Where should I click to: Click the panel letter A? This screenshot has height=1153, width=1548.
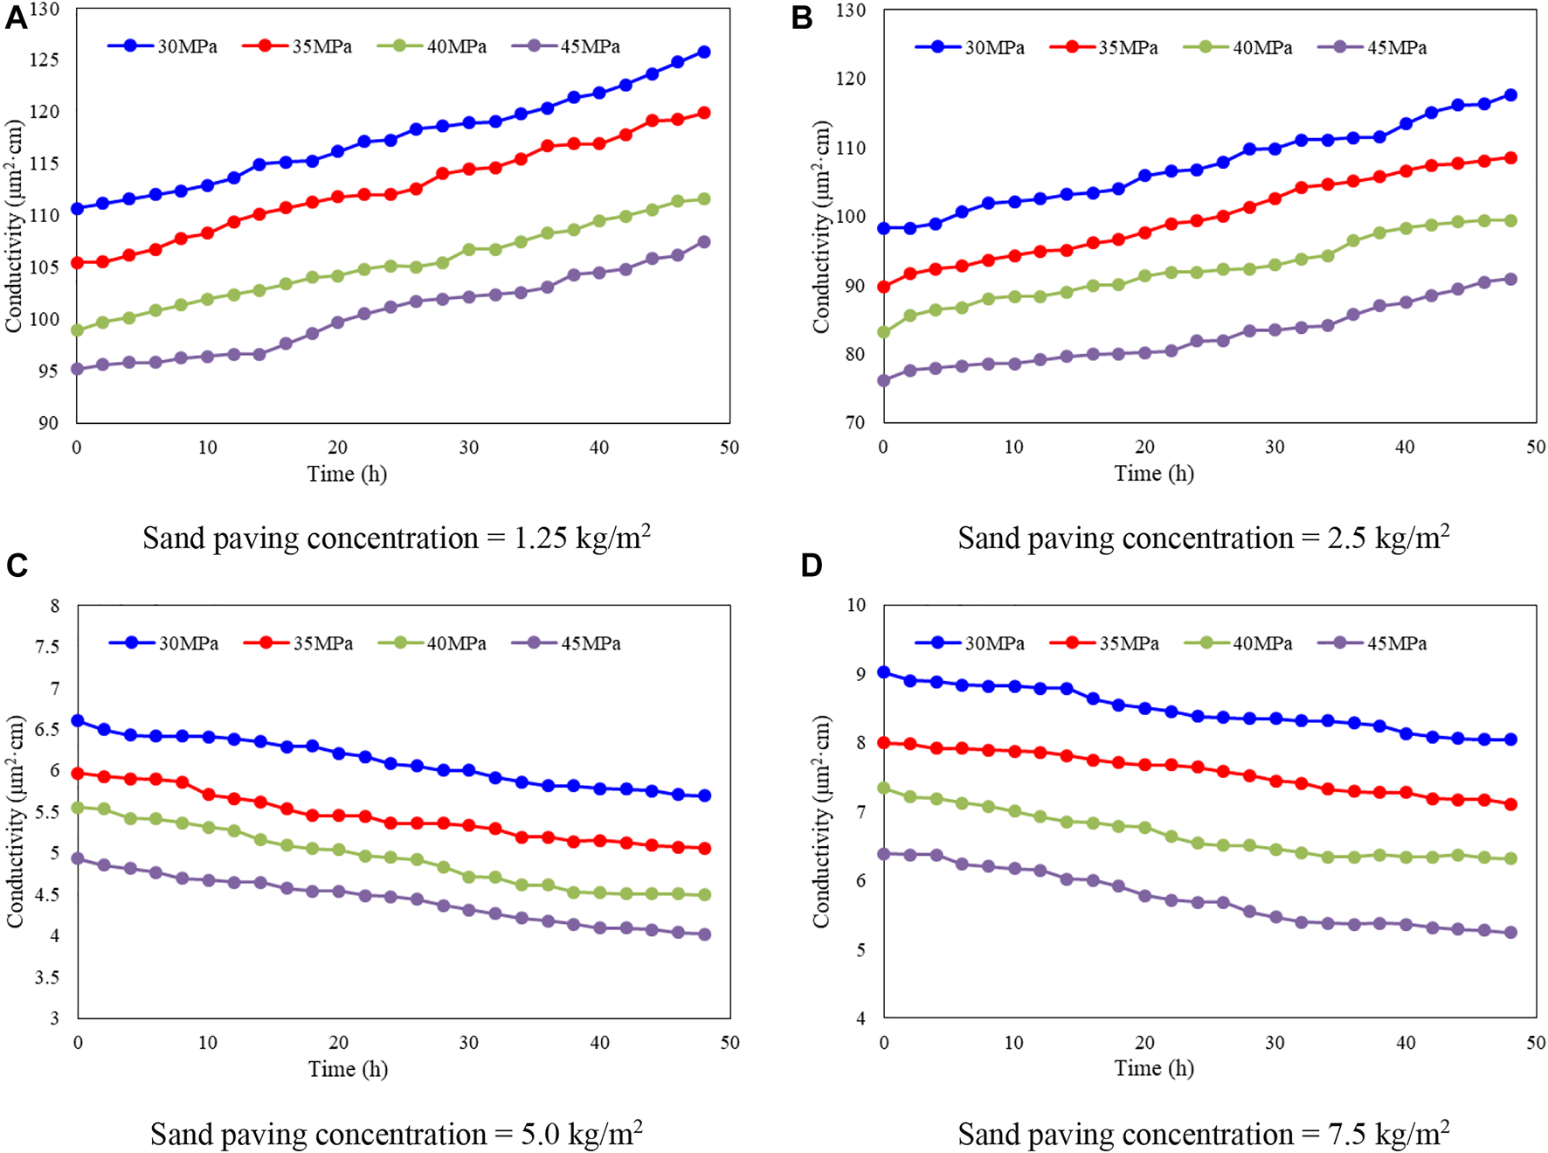[x=16, y=17]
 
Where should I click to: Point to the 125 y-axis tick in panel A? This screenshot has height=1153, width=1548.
[x=45, y=60]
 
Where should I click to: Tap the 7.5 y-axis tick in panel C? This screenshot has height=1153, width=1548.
[x=47, y=647]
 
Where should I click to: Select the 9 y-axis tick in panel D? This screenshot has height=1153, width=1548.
[x=860, y=674]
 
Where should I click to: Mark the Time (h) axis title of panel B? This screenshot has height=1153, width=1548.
[x=1153, y=474]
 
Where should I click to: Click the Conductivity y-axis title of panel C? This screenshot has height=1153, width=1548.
[x=15, y=822]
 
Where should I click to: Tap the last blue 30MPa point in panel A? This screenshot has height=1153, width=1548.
[x=704, y=52]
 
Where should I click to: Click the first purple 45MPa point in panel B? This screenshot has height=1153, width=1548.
[x=884, y=380]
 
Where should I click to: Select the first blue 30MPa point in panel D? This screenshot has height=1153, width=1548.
[x=884, y=672]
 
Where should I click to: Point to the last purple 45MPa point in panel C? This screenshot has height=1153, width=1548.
[x=705, y=934]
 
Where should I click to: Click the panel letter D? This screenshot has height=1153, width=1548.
[x=812, y=566]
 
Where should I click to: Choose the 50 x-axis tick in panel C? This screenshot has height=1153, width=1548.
[x=730, y=1043]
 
